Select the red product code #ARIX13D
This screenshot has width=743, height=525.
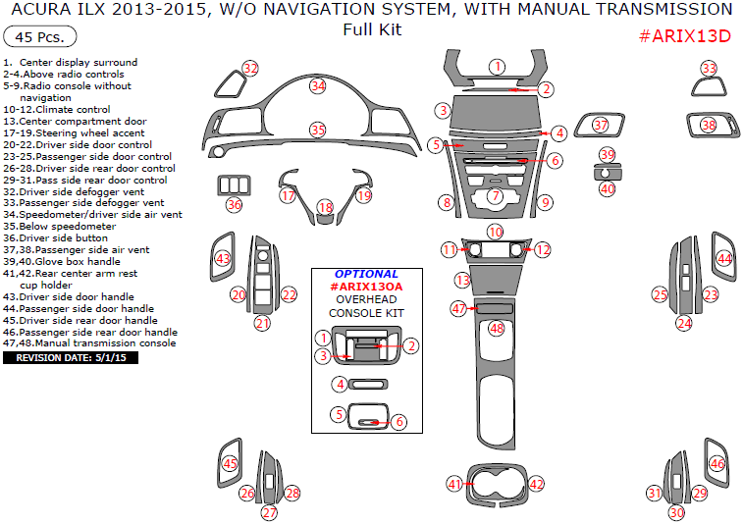(685, 36)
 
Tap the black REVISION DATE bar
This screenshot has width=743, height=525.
(71, 358)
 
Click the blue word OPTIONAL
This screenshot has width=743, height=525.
(366, 274)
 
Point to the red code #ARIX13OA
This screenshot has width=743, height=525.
(366, 286)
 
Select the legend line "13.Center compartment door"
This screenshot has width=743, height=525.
(74, 122)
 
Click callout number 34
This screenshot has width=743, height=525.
(317, 85)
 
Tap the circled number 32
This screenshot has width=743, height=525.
(250, 68)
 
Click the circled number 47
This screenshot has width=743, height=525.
(457, 308)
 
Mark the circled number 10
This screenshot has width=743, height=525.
(496, 232)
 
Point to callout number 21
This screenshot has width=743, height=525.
(262, 323)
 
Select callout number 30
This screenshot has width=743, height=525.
(676, 512)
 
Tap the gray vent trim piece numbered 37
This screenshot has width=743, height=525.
(600, 126)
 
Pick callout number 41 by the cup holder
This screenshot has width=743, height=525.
(453, 484)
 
